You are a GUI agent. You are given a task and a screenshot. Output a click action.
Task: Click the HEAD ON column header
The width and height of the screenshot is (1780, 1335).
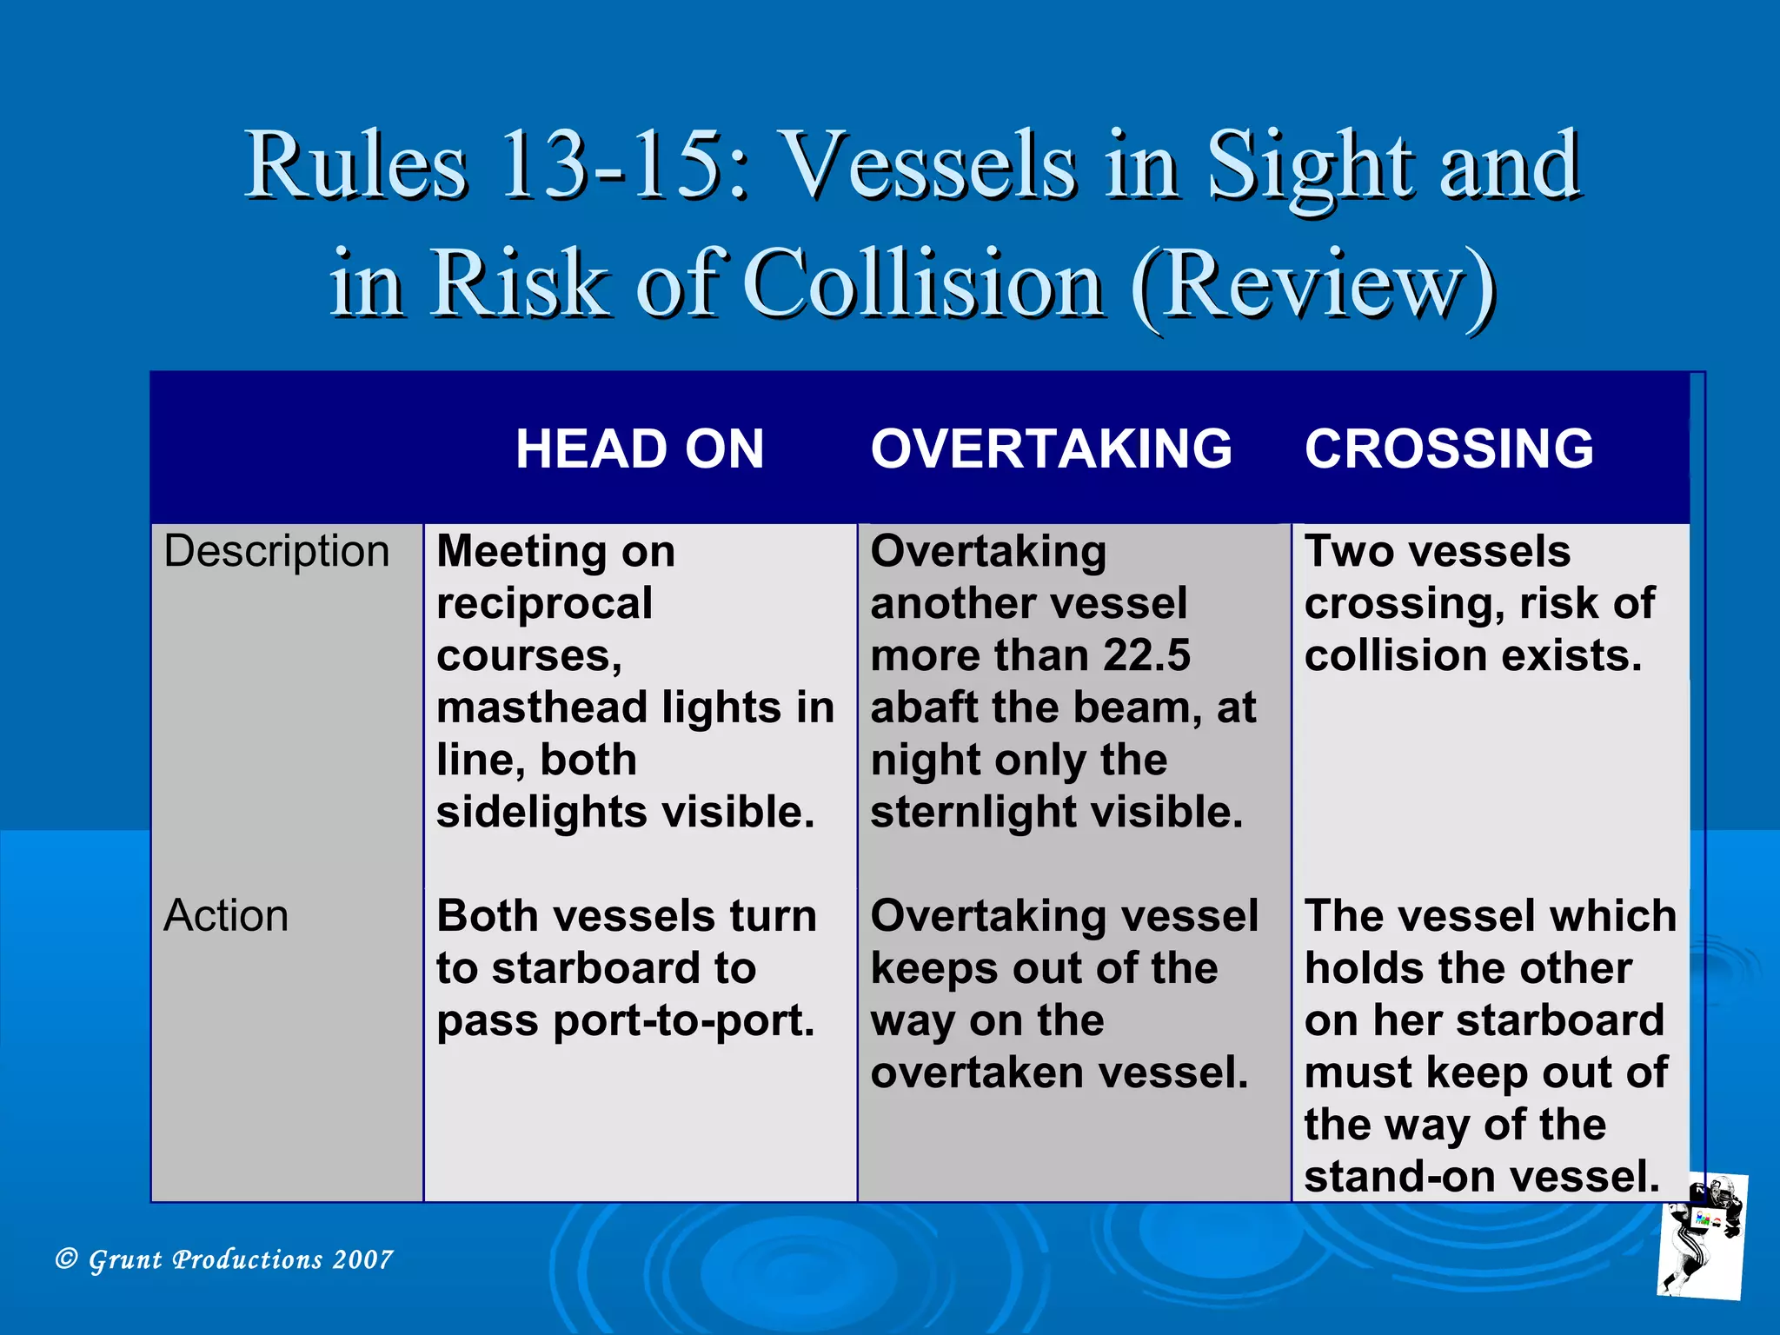(x=640, y=448)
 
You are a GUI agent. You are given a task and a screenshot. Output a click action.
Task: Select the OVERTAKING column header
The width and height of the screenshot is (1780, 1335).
(x=1051, y=448)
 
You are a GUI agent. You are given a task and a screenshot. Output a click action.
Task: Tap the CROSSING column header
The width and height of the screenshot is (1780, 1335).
(x=1449, y=448)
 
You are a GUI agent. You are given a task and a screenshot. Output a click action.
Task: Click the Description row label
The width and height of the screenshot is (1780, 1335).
(x=276, y=551)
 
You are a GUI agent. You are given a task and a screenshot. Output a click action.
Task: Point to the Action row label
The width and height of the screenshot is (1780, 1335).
(x=226, y=915)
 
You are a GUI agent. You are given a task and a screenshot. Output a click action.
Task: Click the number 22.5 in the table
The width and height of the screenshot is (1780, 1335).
(x=1146, y=655)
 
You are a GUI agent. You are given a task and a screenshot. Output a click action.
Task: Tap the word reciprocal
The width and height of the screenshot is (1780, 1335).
(x=544, y=603)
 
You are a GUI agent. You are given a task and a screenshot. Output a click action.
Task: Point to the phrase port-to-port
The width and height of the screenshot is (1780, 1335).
(x=684, y=1020)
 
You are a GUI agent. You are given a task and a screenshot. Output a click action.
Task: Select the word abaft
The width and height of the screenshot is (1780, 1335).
(x=923, y=707)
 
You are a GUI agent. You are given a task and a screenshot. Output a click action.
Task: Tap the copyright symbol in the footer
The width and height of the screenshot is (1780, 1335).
(x=66, y=1258)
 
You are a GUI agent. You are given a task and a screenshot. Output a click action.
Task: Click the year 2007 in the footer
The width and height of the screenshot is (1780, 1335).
(x=362, y=1259)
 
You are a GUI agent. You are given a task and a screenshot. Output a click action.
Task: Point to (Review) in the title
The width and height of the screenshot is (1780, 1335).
(x=1313, y=283)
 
